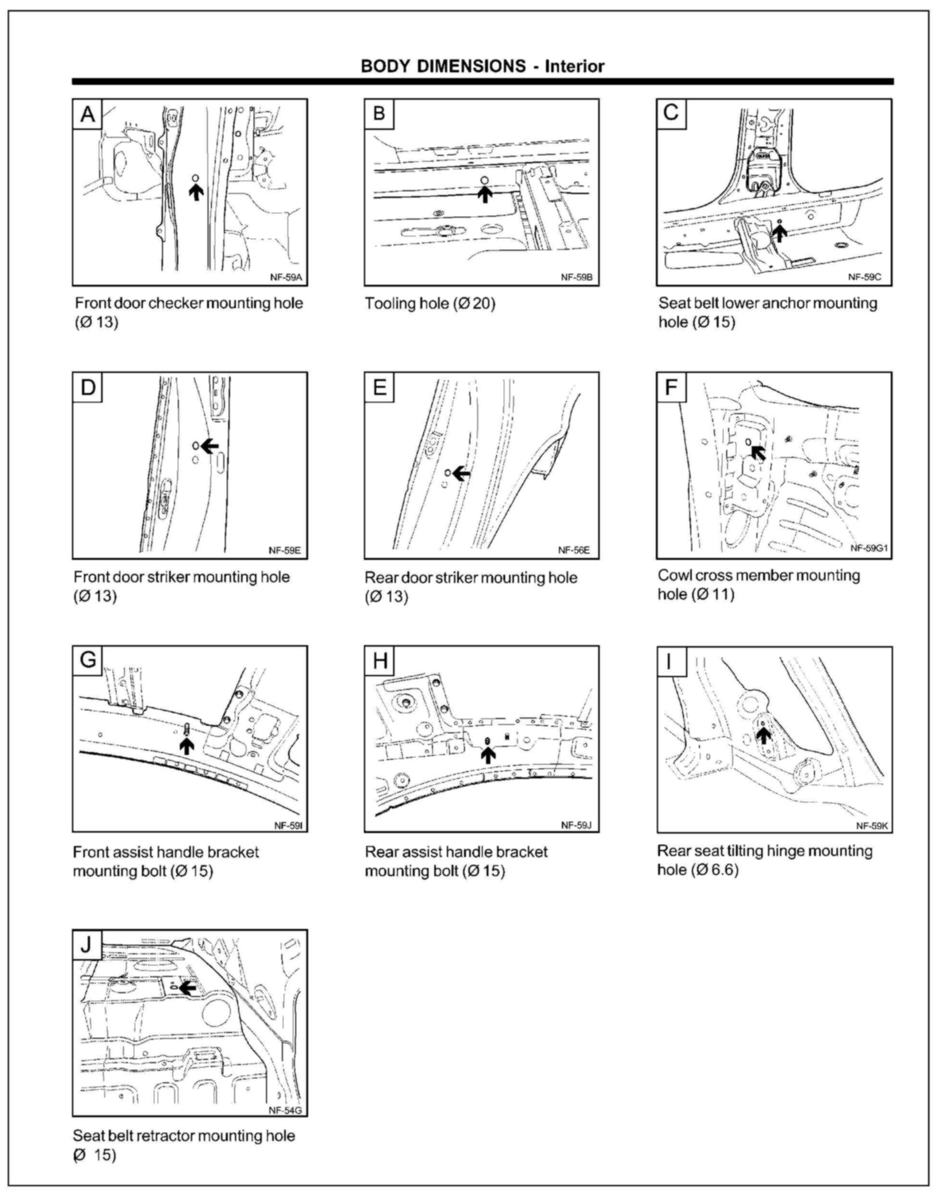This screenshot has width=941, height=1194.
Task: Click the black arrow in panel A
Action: tap(196, 192)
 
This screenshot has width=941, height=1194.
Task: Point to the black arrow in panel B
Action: tap(485, 194)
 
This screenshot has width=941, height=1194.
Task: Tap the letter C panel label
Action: tap(671, 113)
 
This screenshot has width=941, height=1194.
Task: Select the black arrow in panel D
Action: tap(209, 446)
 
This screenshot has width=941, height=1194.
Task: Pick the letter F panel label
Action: tap(671, 387)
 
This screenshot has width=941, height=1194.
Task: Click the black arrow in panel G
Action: tap(187, 746)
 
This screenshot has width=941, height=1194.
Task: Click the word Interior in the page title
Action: tap(575, 67)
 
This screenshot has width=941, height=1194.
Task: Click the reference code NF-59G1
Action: tap(869, 548)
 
